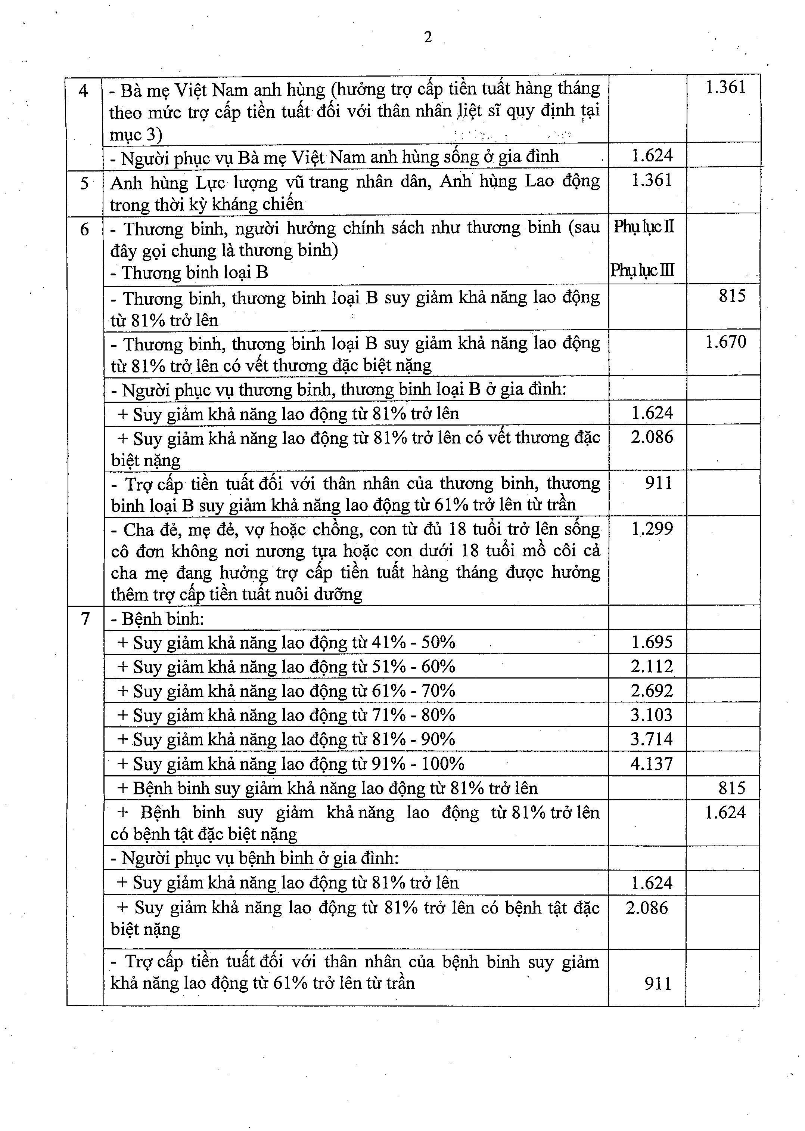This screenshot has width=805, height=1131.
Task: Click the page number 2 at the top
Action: click(428, 37)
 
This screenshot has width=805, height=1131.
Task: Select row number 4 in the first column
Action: click(83, 91)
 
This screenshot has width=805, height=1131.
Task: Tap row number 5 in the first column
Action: click(84, 183)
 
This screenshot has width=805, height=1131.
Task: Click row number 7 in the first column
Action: click(85, 619)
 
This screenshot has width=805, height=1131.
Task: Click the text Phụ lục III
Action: click(643, 271)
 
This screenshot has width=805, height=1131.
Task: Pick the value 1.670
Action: click(726, 342)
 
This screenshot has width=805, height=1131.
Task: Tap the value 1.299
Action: click(652, 529)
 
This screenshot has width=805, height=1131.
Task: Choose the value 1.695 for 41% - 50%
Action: click(652, 642)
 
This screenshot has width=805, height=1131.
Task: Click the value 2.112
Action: click(652, 666)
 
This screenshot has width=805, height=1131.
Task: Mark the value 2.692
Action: click(652, 690)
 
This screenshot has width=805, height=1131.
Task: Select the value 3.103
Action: click(652, 715)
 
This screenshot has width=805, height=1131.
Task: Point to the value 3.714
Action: click(652, 739)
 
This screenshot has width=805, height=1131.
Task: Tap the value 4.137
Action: click(652, 763)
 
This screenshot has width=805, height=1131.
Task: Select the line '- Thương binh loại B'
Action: click(189, 273)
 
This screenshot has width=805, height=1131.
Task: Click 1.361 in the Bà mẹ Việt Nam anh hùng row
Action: click(725, 88)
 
